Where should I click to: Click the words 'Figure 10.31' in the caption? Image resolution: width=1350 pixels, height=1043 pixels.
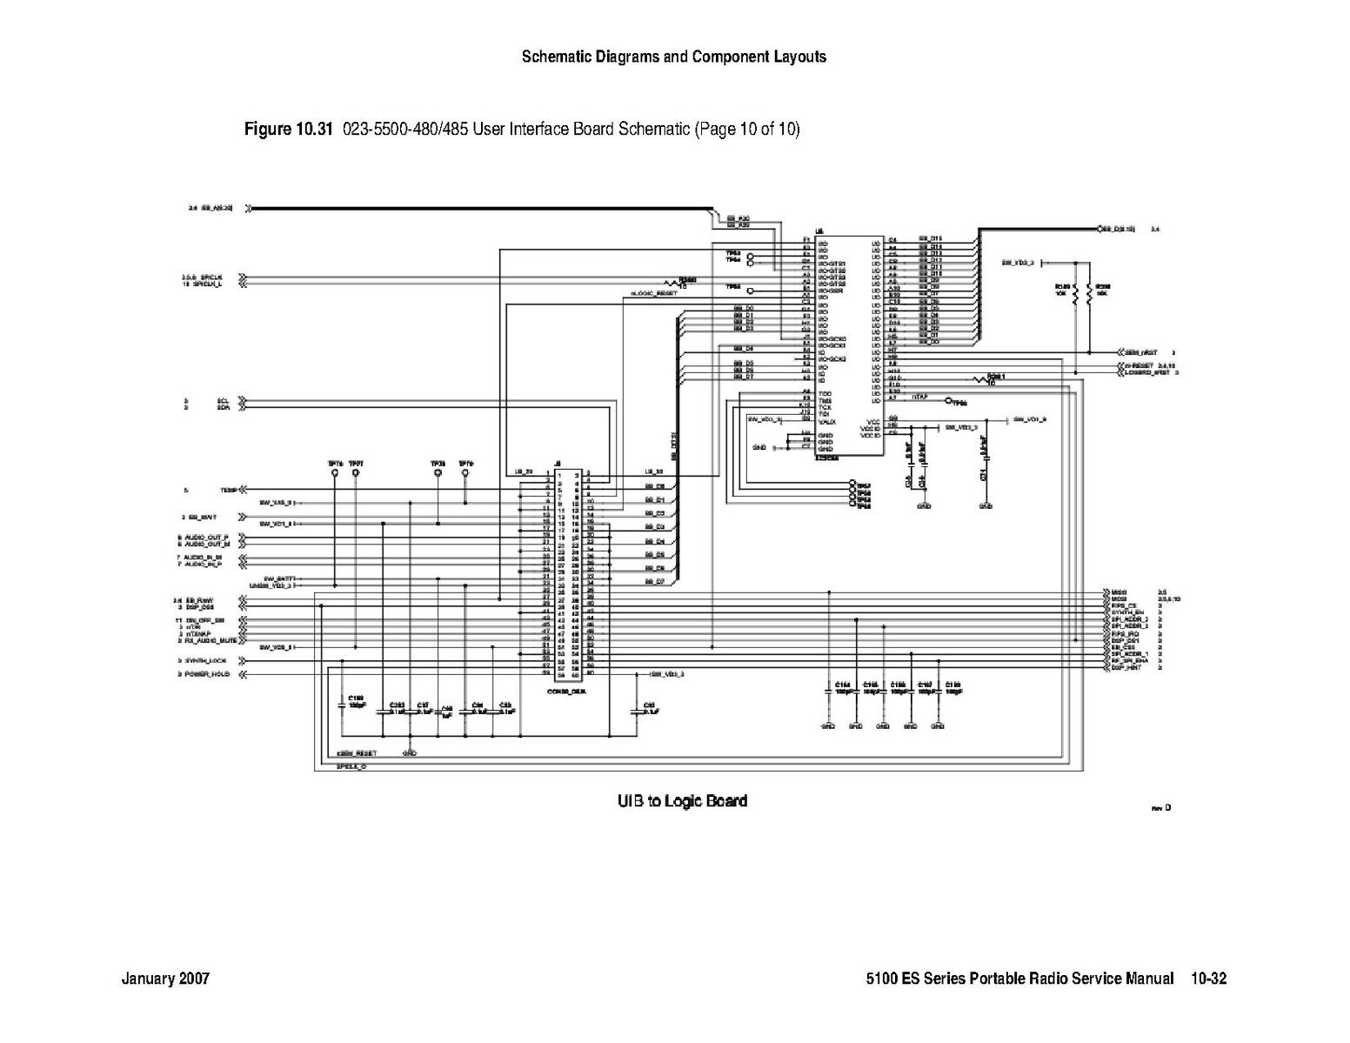pyautogui.click(x=289, y=130)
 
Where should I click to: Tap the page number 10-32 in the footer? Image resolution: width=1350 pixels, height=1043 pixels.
pyautogui.click(x=1209, y=979)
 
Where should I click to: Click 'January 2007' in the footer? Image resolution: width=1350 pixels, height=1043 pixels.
pyautogui.click(x=165, y=979)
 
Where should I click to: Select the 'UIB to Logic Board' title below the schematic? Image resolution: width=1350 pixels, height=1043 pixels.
pyautogui.click(x=682, y=800)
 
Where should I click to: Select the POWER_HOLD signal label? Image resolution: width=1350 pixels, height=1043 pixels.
pyautogui.click(x=208, y=674)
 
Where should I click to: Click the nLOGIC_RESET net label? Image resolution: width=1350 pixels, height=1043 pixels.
pyautogui.click(x=653, y=293)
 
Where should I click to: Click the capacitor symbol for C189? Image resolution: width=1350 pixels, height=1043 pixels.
pyautogui.click(x=342, y=705)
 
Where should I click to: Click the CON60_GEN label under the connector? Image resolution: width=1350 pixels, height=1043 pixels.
pyautogui.click(x=571, y=692)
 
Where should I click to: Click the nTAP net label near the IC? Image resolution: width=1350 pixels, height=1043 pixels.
pyautogui.click(x=920, y=398)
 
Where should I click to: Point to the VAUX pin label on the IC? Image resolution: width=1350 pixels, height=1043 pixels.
pyautogui.click(x=826, y=421)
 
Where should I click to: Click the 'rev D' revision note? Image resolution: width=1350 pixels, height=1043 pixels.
pyautogui.click(x=1161, y=808)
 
